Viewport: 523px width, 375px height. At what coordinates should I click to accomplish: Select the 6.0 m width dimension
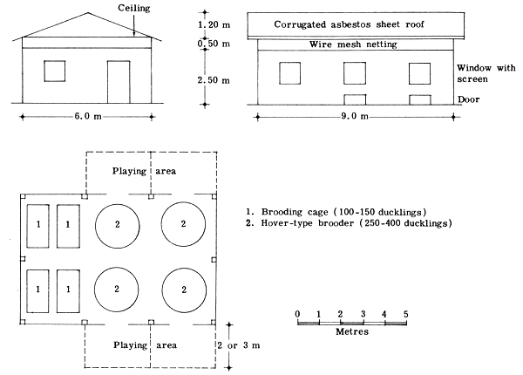point(85,116)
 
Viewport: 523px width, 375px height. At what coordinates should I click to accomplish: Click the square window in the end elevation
point(55,71)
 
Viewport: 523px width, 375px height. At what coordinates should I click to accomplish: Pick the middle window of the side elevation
point(356,73)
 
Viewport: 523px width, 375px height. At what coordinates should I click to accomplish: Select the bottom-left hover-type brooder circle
point(117,287)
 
